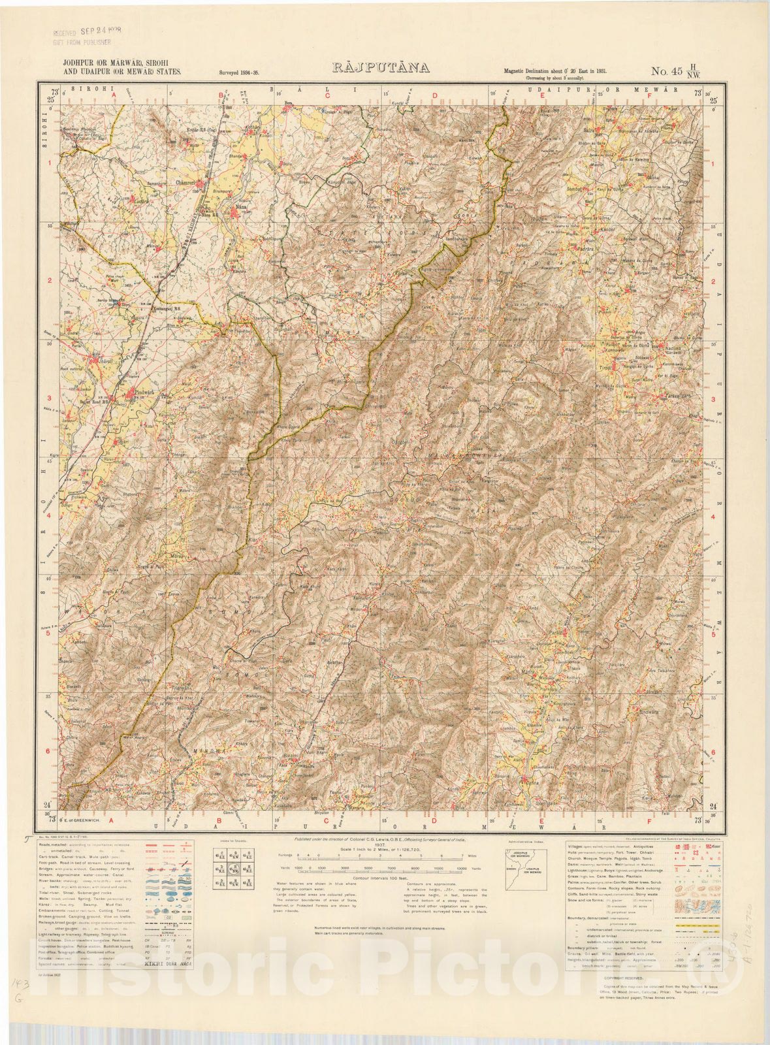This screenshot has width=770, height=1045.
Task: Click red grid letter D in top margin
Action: (x=434, y=95)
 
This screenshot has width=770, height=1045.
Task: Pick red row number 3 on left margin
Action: (x=48, y=399)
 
